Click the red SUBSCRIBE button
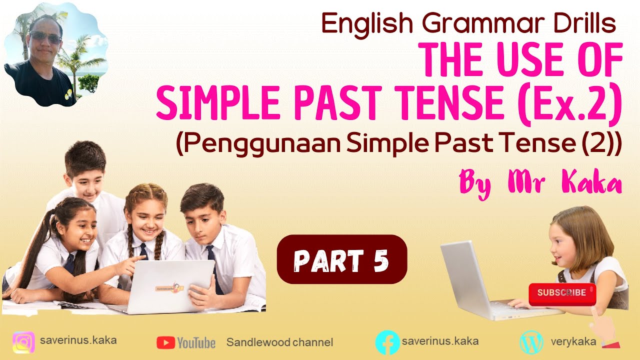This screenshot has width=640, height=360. pyautogui.click(x=562, y=293)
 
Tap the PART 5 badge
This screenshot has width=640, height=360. pyautogui.click(x=342, y=259)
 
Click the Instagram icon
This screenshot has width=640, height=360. pyautogui.click(x=23, y=343)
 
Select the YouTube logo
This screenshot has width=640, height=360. pyautogui.click(x=186, y=342)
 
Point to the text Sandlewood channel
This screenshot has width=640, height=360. pyautogui.click(x=279, y=342)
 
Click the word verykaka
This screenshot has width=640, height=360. pyautogui.click(x=573, y=342)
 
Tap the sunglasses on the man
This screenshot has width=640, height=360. pyautogui.click(x=45, y=37)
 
